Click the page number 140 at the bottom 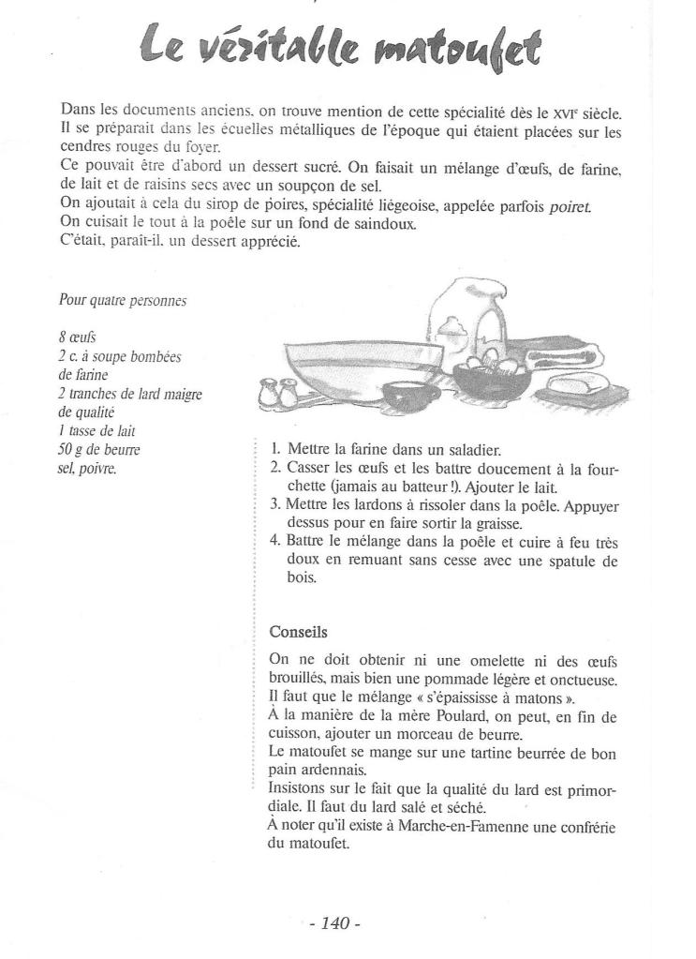[334, 923]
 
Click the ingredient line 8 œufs [77, 337]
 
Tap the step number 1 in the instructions [275, 450]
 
